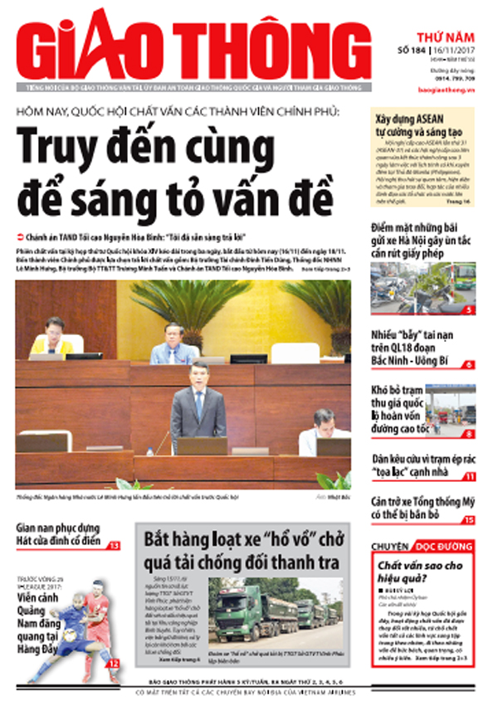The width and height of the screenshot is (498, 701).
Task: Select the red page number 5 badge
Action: pos(469,309)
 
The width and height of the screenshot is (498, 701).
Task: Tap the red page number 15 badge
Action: pos(469,520)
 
